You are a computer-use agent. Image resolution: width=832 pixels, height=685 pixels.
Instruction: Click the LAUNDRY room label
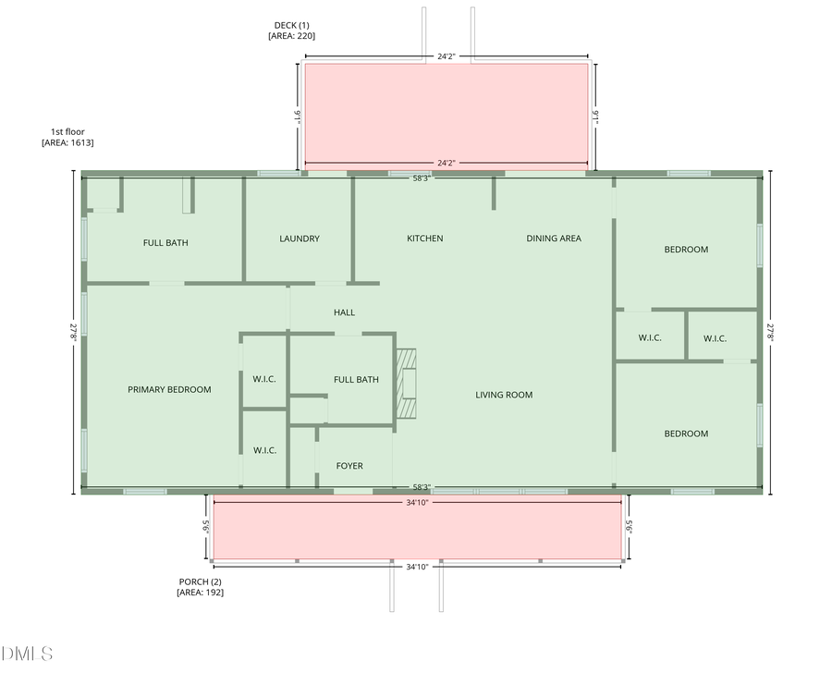point(300,239)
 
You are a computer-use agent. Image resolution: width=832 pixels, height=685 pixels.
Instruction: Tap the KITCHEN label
point(424,239)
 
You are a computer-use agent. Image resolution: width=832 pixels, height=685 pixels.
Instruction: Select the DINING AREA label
point(554,239)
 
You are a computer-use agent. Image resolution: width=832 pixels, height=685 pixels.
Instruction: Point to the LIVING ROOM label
point(504,395)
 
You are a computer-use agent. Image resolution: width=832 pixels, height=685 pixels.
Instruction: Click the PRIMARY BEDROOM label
point(169,389)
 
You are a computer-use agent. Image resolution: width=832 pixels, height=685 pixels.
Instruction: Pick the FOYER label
point(349,466)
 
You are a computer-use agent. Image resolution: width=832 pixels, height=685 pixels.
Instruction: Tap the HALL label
point(344,312)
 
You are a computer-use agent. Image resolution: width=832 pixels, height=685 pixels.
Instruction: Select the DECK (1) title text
point(291,25)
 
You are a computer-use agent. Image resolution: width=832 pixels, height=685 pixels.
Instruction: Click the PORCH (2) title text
point(200,581)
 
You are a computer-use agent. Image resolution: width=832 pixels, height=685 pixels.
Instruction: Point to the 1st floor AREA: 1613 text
point(67,137)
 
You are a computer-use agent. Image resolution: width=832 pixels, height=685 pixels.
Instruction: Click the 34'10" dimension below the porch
point(417,567)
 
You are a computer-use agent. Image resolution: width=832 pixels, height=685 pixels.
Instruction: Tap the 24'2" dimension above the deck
point(447,56)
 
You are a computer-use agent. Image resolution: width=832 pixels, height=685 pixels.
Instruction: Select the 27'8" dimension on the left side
point(73,332)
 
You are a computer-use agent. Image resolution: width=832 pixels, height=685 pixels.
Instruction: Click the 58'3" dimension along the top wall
point(422,178)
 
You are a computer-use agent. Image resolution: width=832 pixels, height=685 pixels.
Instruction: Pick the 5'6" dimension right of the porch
point(629,526)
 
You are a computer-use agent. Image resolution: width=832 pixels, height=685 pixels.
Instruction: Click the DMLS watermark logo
point(27,654)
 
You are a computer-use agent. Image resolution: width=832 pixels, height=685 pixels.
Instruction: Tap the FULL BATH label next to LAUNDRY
point(165,242)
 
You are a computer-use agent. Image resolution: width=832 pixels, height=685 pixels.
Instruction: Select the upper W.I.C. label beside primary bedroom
point(263,379)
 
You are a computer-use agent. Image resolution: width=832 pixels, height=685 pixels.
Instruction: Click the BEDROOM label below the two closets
point(686,434)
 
